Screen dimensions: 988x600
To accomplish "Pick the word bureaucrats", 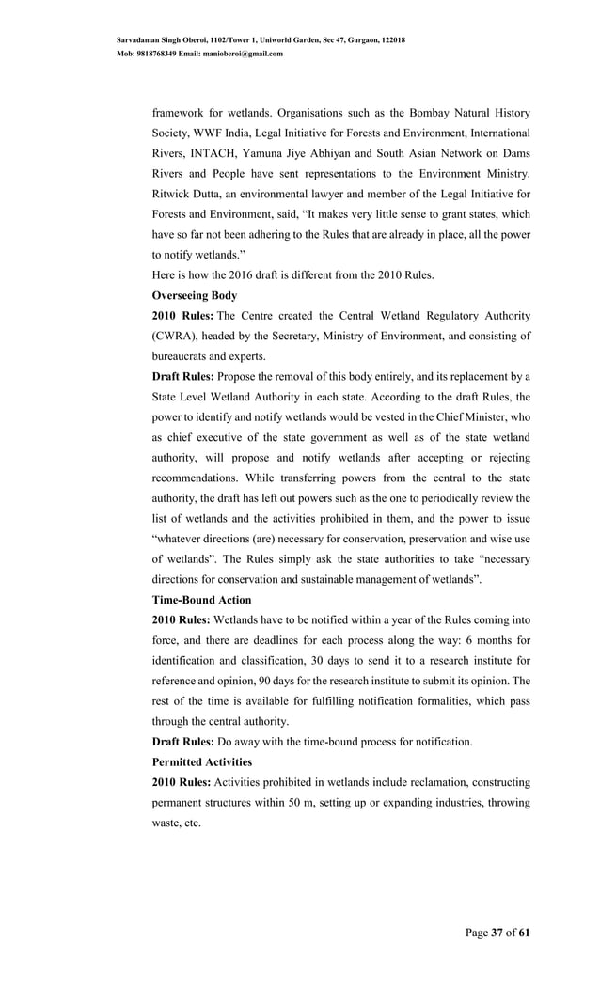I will (183, 357).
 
